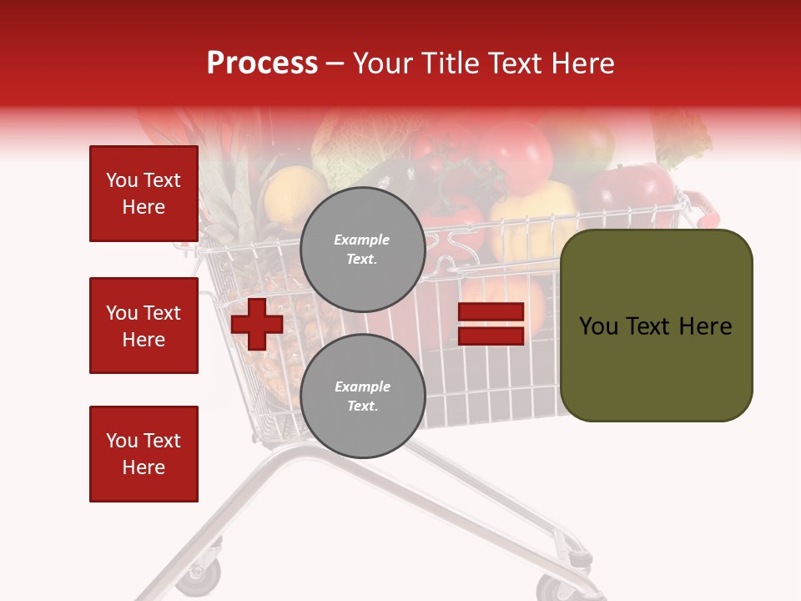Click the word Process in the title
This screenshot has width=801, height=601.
click(262, 63)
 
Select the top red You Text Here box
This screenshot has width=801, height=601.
click(144, 194)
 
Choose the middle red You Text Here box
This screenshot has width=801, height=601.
click(144, 326)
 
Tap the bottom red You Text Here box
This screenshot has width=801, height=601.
click(144, 454)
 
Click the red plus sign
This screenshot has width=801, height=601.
click(257, 324)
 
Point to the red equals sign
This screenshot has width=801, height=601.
click(491, 324)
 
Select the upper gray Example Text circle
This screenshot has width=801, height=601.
click(362, 249)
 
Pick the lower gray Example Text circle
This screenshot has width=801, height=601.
click(362, 396)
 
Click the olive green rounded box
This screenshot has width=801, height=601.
click(656, 326)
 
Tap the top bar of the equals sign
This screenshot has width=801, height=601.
click(491, 311)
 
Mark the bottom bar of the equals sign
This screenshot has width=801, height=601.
click(491, 336)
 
